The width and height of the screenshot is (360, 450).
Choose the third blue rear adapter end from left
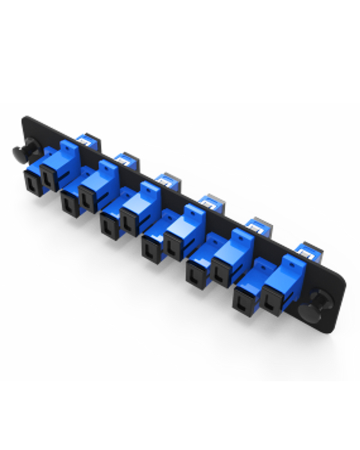(x=167, y=181)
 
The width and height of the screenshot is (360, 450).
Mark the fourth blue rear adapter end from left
(x=209, y=203)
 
